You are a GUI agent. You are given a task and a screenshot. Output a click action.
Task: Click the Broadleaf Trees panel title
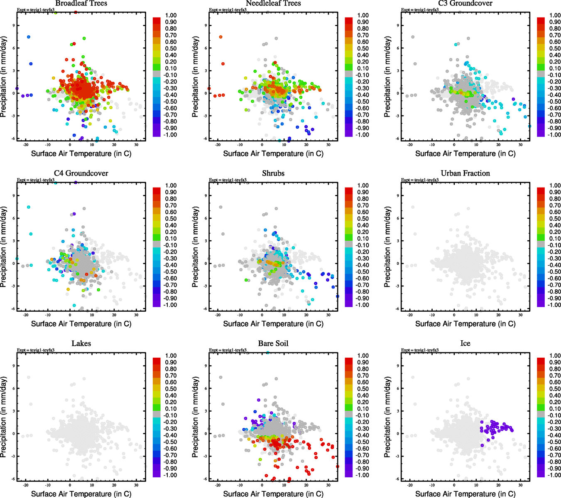(x=81, y=3)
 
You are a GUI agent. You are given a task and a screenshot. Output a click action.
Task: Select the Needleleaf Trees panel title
(x=273, y=3)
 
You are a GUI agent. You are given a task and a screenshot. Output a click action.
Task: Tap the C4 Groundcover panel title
(x=81, y=173)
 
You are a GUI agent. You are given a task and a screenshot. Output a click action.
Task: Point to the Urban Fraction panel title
(x=465, y=173)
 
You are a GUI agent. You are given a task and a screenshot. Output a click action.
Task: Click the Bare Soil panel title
(x=273, y=344)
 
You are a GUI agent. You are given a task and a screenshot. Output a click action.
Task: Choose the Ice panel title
(x=465, y=344)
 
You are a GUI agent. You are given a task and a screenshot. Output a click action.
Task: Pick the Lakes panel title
(x=81, y=344)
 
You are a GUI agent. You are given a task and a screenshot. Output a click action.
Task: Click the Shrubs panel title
(x=273, y=173)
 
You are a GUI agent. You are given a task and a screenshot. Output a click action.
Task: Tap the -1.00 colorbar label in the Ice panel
(x=554, y=475)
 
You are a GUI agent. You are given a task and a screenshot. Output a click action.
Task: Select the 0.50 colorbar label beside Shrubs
(x=363, y=219)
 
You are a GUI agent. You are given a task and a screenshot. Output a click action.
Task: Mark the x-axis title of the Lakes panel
(x=81, y=494)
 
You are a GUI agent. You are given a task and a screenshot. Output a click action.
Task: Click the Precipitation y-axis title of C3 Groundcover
(x=387, y=77)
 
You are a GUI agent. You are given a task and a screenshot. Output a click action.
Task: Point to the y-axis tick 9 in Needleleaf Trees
(x=206, y=26)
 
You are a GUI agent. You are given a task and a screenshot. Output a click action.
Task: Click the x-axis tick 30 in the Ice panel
(x=521, y=485)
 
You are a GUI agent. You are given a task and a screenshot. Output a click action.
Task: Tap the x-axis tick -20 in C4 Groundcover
(x=26, y=315)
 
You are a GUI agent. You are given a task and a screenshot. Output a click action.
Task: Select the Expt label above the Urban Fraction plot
(x=420, y=180)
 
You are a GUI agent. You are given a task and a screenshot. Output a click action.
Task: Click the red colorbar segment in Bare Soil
(x=349, y=360)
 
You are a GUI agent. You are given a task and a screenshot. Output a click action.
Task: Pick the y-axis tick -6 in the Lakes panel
(x=13, y=479)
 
